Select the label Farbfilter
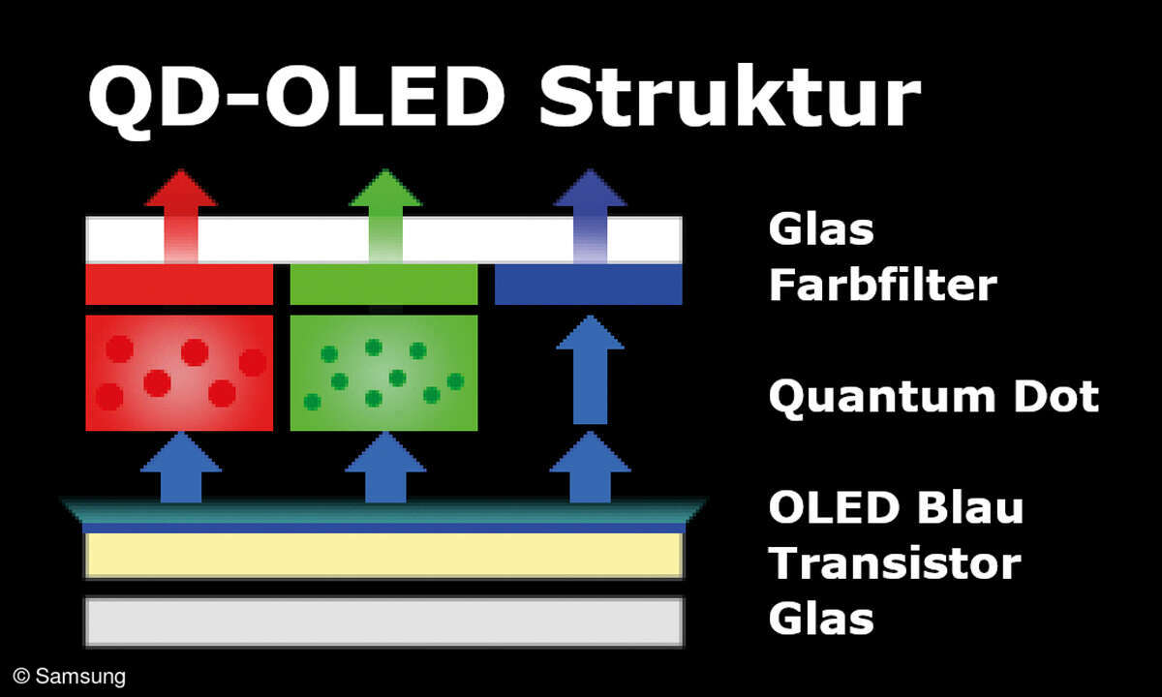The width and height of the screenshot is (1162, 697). click(882, 286)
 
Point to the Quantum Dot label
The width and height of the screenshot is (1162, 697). click(933, 397)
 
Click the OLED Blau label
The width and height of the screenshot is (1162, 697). click(896, 507)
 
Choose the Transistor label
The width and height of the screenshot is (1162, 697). click(894, 562)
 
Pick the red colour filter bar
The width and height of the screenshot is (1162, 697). click(179, 285)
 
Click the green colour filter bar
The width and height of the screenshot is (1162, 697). click(383, 285)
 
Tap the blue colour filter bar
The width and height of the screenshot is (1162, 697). click(588, 285)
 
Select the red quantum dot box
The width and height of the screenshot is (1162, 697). click(179, 373)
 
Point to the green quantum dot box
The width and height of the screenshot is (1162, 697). click(383, 373)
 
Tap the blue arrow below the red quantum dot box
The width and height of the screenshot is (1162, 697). click(181, 469)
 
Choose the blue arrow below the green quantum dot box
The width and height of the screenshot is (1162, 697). click(385, 469)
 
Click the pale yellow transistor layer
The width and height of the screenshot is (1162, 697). click(383, 556)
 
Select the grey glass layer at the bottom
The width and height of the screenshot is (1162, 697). click(383, 621)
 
